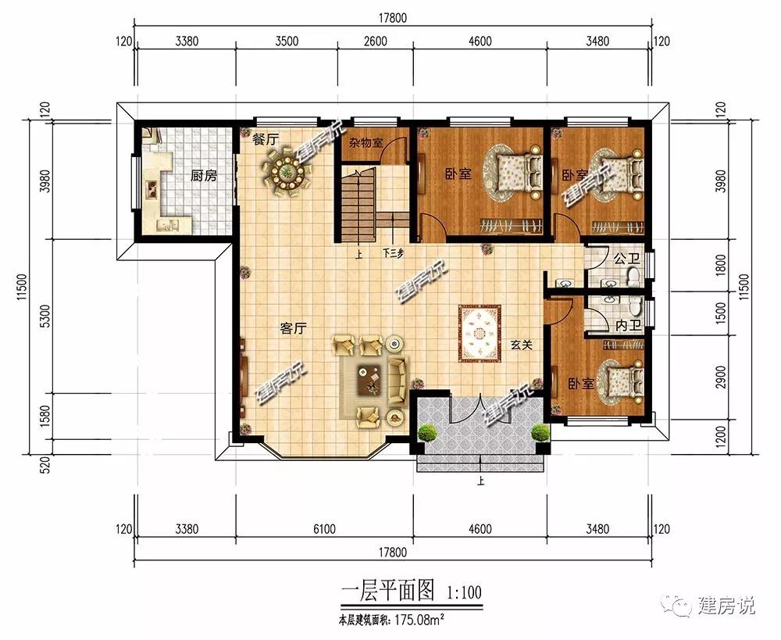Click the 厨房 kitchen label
(x=204, y=176)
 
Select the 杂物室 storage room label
(x=366, y=142)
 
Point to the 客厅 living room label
(x=294, y=328)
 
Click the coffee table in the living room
(x=369, y=380)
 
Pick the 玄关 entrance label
(x=522, y=345)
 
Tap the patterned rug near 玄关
(x=480, y=332)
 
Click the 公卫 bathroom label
(x=626, y=259)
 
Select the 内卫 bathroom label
(x=628, y=326)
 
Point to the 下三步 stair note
(x=393, y=253)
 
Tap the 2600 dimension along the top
(x=376, y=41)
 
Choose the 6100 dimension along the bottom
(x=324, y=528)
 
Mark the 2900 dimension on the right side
(x=721, y=377)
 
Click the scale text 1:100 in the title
(x=464, y=592)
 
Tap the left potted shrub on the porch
(x=427, y=432)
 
